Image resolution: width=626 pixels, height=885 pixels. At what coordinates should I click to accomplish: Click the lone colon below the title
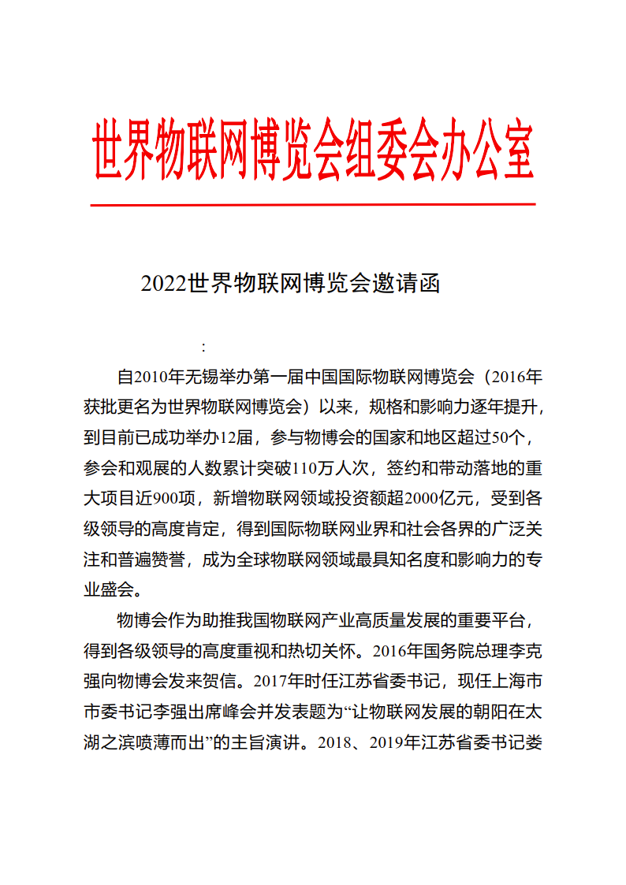[203, 347]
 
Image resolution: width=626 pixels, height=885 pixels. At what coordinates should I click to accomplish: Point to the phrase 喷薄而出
[166, 742]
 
